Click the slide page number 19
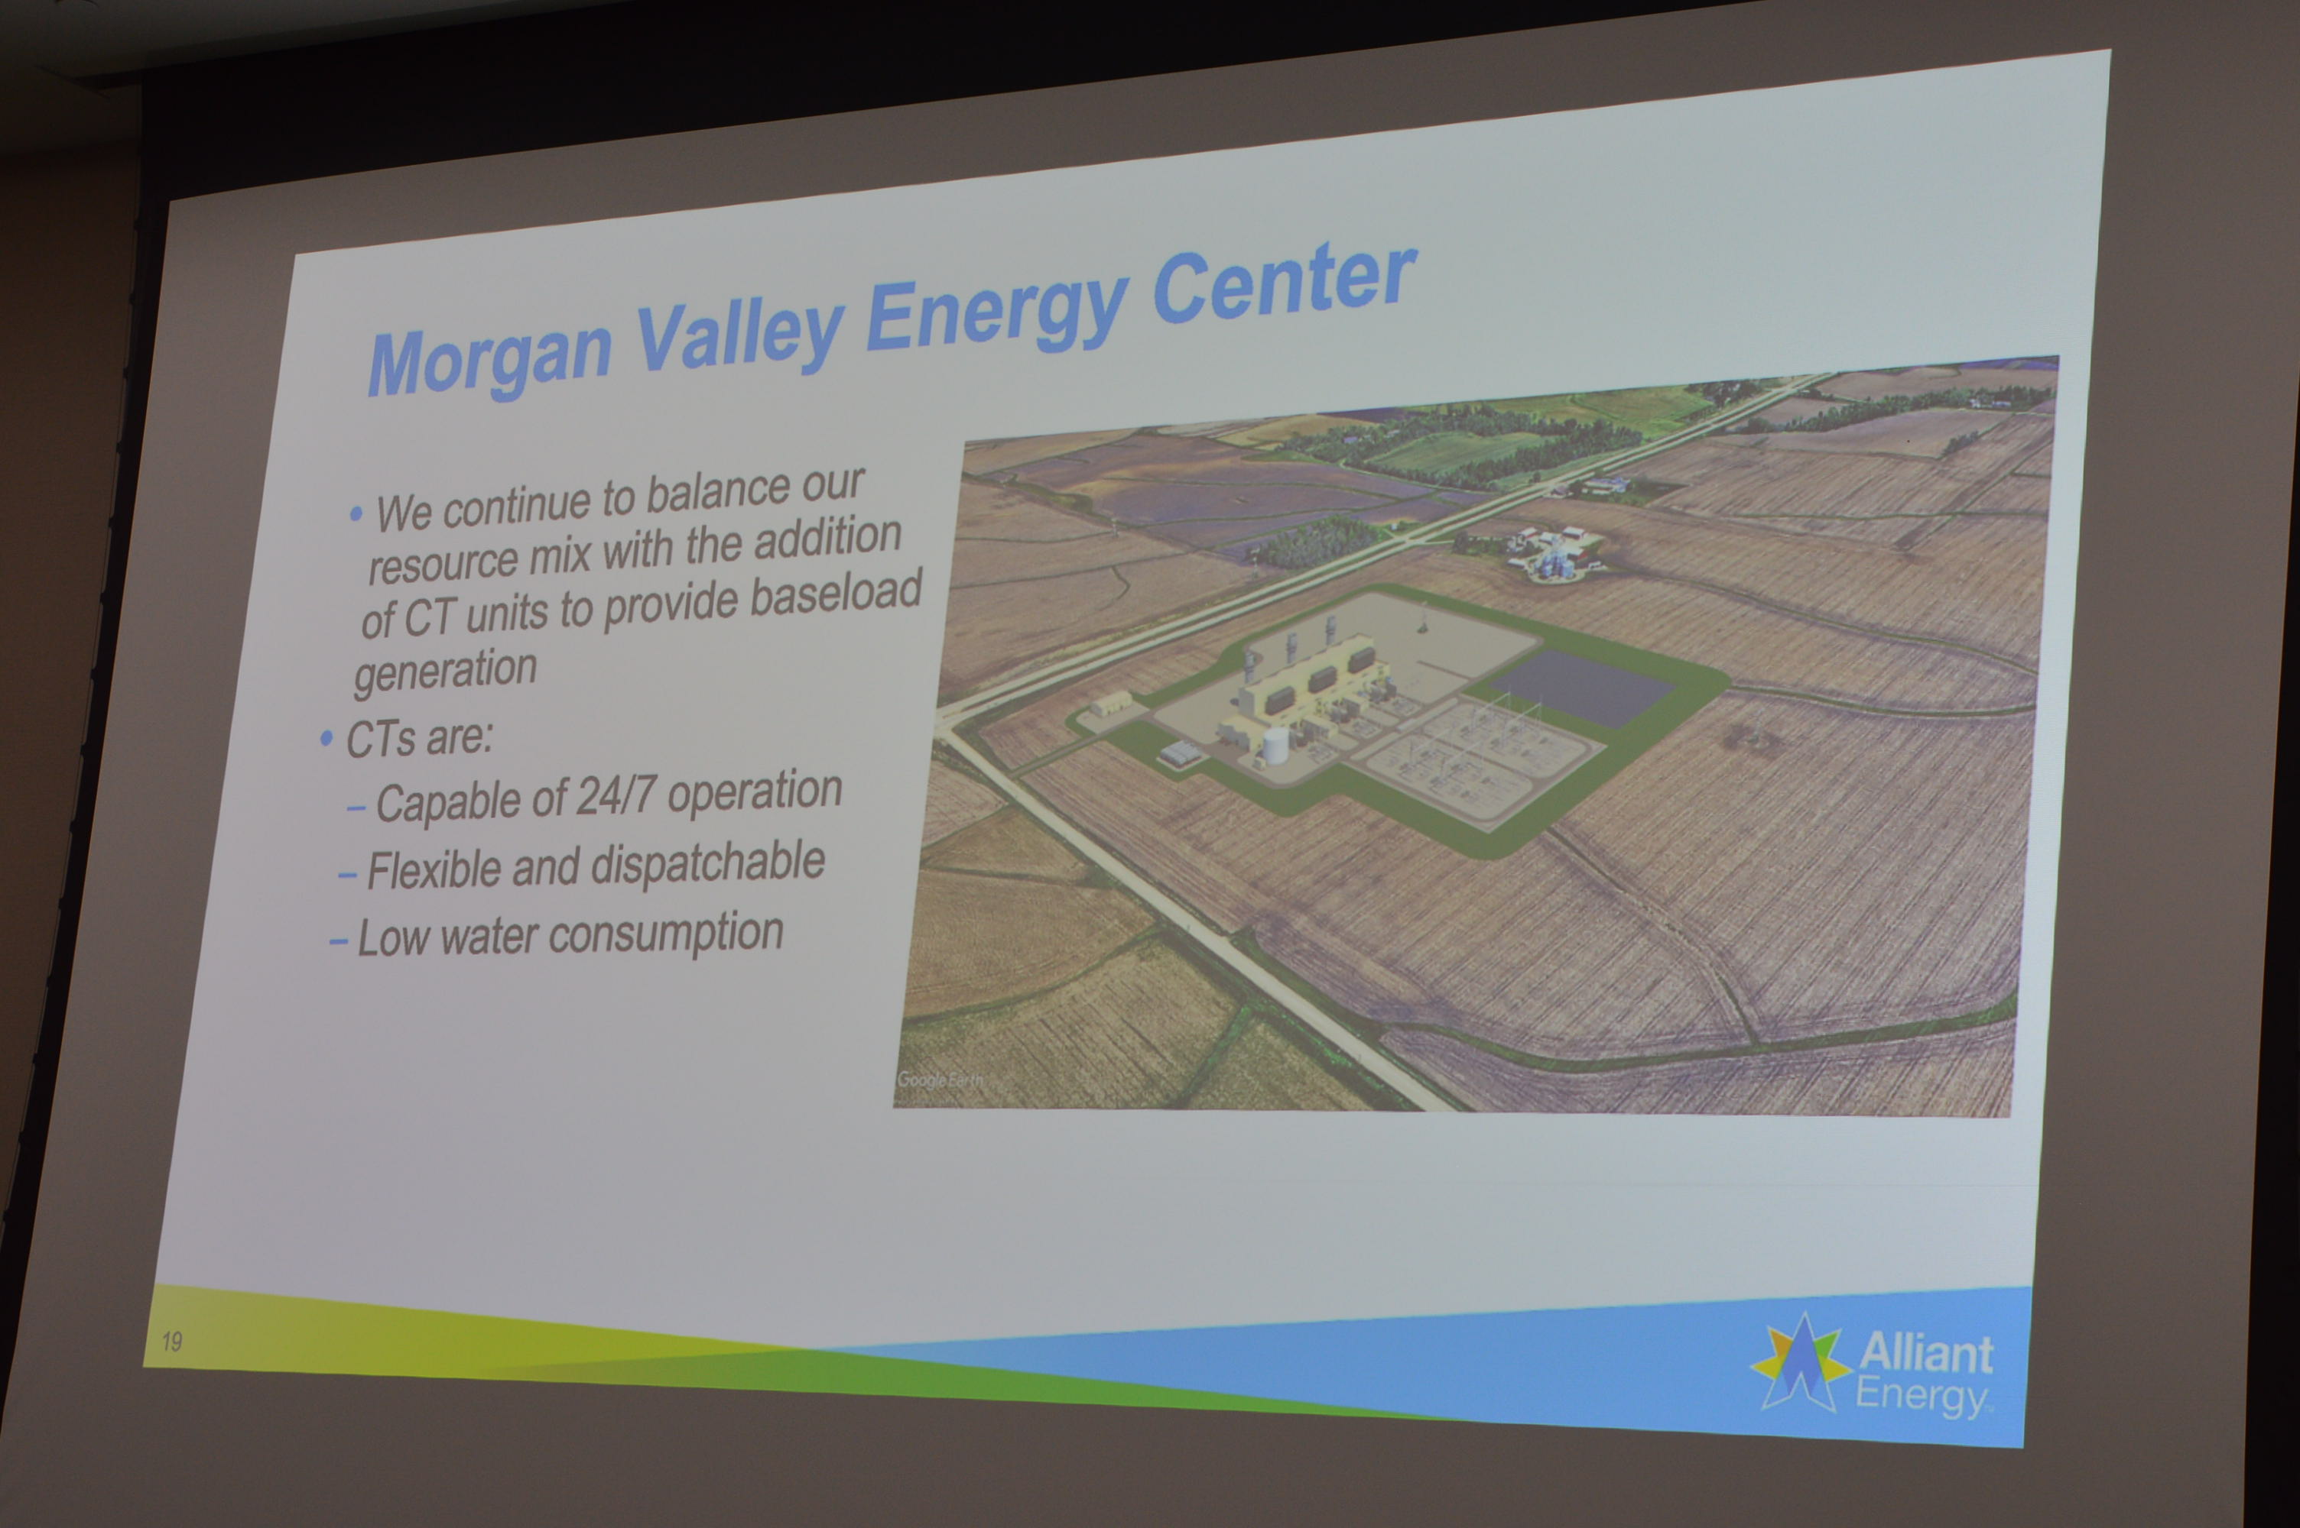click(x=171, y=1342)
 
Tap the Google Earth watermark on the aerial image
click(x=940, y=1080)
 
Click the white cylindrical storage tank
click(x=1275, y=746)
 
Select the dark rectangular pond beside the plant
click(x=1581, y=687)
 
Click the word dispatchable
click(x=708, y=863)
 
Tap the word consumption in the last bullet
click(x=666, y=934)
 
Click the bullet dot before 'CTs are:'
click(x=326, y=739)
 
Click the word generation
click(x=446, y=672)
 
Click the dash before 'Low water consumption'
click(x=338, y=941)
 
